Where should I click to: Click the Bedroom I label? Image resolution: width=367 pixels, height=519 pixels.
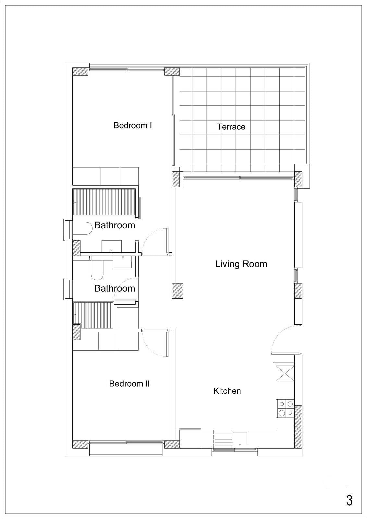(x=133, y=125)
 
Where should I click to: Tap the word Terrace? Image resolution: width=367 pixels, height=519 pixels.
(x=231, y=127)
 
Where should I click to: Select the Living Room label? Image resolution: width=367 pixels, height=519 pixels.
(x=241, y=264)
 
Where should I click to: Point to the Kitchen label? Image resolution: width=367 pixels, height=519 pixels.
(x=227, y=391)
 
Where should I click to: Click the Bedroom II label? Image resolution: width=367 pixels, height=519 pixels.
(x=129, y=383)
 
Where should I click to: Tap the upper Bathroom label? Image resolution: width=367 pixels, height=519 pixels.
(x=115, y=225)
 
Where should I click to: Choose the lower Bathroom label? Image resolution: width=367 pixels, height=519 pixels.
(x=115, y=288)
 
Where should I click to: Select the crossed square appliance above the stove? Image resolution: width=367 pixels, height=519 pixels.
(x=285, y=373)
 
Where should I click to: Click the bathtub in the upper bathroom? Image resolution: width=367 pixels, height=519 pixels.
(x=104, y=202)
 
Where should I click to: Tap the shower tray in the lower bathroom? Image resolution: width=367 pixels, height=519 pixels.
(x=93, y=315)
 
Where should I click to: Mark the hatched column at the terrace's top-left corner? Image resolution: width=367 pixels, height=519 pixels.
(x=172, y=71)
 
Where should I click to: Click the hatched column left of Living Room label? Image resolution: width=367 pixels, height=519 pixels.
(x=177, y=291)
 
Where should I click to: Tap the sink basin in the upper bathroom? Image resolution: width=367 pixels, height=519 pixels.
(x=112, y=246)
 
